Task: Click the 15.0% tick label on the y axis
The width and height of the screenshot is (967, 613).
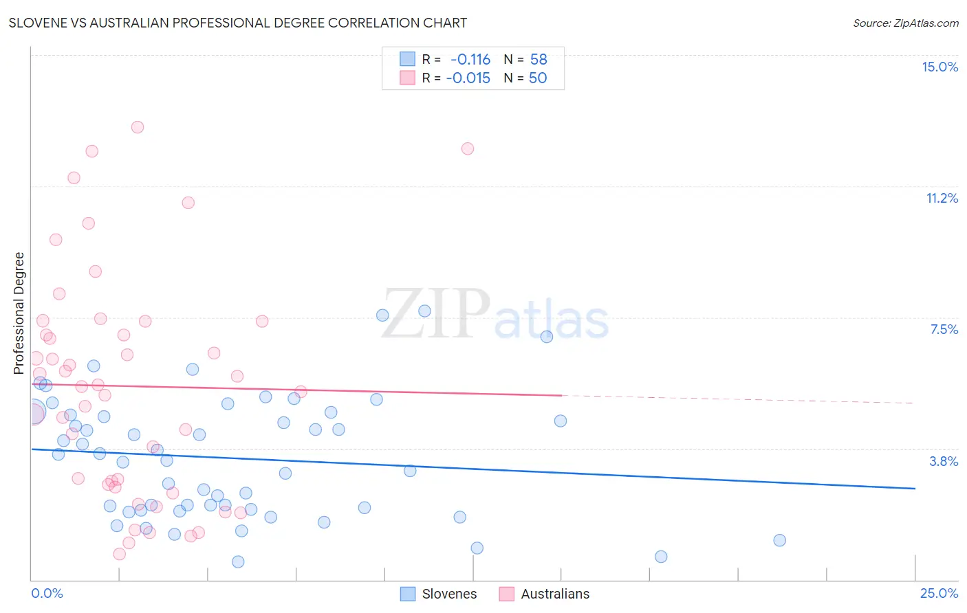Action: point(939,67)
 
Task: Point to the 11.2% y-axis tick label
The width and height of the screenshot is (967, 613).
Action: point(942,198)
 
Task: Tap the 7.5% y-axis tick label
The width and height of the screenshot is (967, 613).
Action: point(944,329)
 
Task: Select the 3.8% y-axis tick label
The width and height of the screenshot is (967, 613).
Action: point(944,461)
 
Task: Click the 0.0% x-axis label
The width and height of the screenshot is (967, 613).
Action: point(47,593)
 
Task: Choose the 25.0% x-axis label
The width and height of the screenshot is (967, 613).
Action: point(939,593)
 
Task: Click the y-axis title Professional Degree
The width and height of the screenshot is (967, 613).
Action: point(19,313)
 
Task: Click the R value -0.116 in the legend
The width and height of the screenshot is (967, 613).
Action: point(470,60)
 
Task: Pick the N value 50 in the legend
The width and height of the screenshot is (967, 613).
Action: point(538,78)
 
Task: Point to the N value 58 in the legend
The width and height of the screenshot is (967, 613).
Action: point(539,60)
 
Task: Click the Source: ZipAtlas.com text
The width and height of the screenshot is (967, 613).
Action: point(905,23)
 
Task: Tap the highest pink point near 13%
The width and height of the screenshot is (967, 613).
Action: point(138,127)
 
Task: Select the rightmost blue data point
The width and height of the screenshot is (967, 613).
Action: point(779,540)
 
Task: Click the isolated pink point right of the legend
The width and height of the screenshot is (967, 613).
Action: point(468,148)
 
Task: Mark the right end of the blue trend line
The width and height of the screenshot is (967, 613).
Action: point(914,488)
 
